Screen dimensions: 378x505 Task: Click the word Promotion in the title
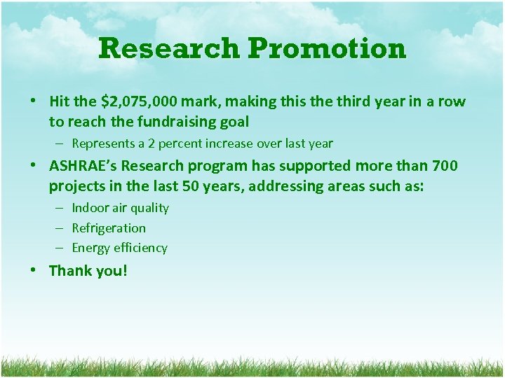point(327,49)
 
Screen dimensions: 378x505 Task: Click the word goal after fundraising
point(234,122)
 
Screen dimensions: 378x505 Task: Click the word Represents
point(103,143)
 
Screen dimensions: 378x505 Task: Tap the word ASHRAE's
point(83,166)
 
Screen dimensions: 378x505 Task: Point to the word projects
point(76,186)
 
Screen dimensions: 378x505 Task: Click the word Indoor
point(90,208)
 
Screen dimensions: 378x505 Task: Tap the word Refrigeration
point(109,228)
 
